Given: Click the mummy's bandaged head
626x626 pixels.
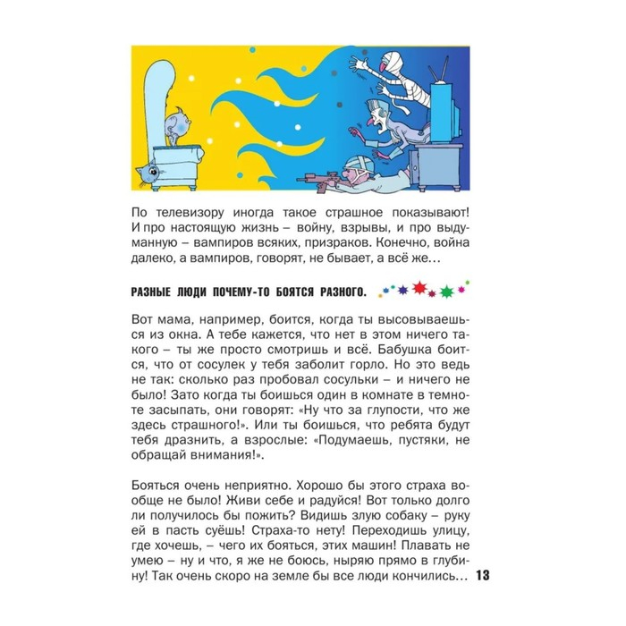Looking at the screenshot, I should (391, 63).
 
